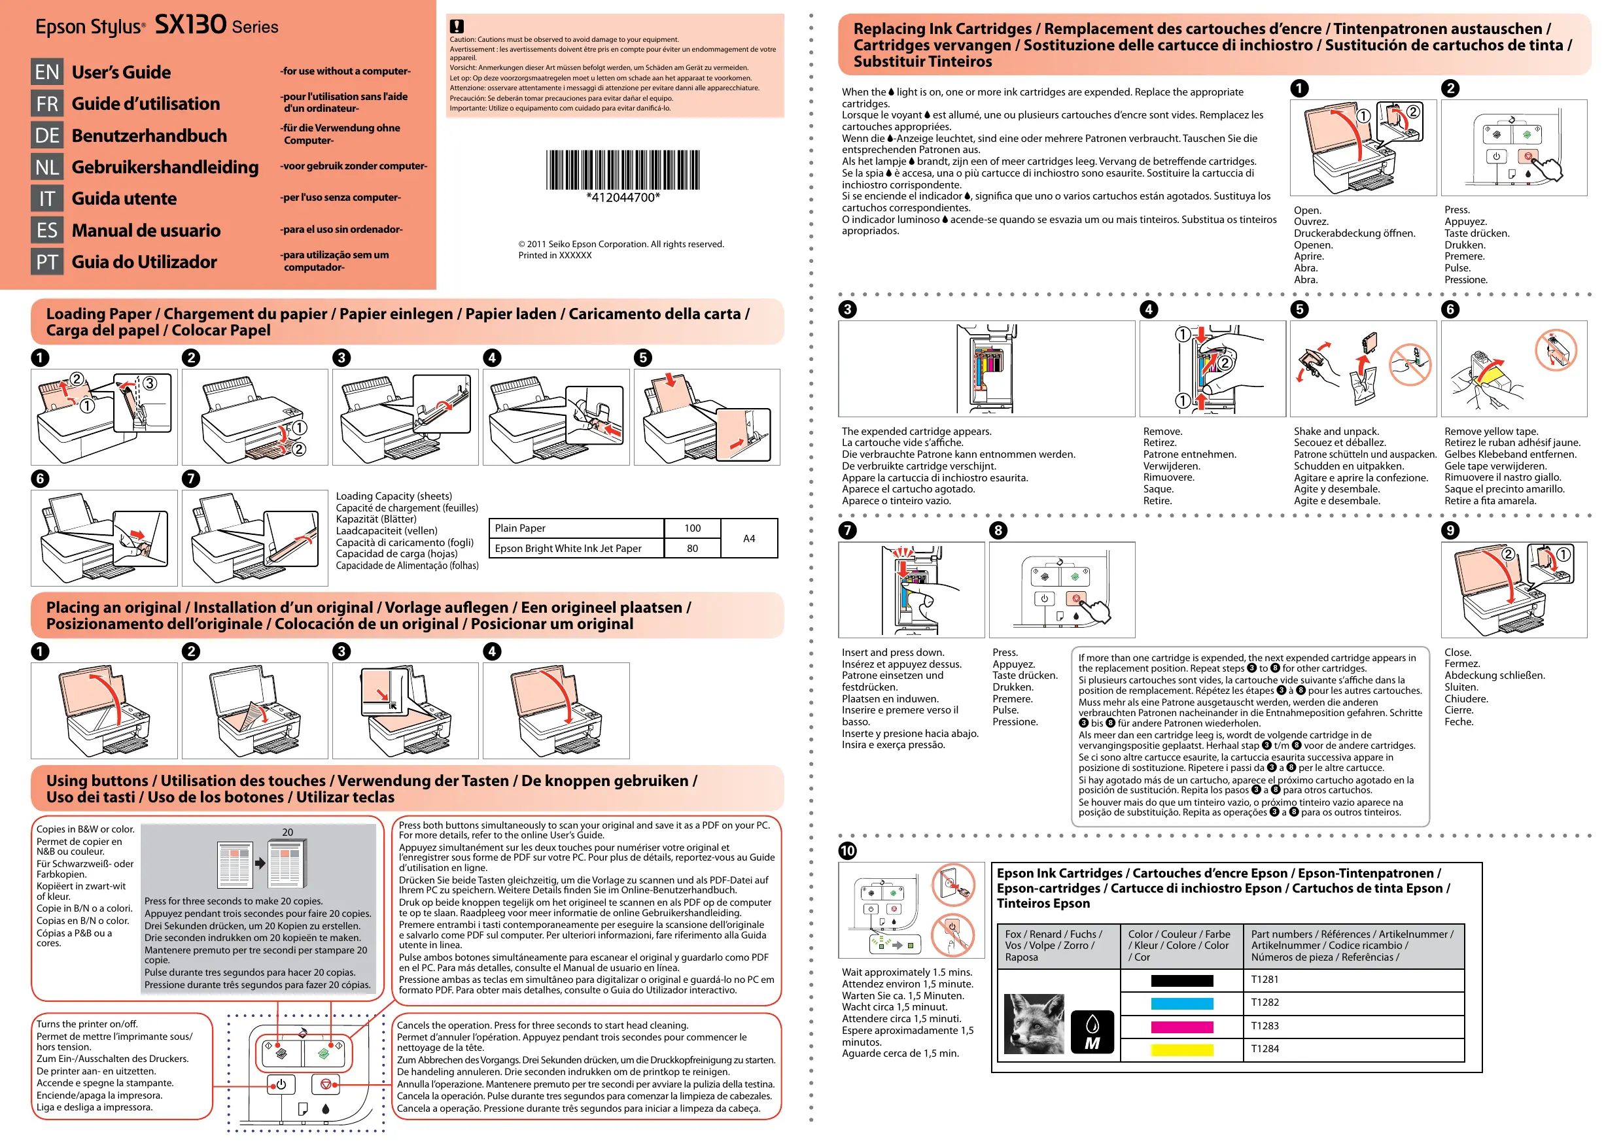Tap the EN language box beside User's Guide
(46, 72)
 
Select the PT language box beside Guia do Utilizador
(46, 262)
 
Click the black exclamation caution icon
(457, 26)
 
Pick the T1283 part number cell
(1265, 1026)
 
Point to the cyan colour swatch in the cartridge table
(1181, 1004)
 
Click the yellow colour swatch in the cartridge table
(1181, 1050)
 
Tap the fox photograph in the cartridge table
(1034, 1024)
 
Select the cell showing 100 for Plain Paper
(692, 528)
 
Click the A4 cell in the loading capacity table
(748, 539)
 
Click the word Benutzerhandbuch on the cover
(149, 135)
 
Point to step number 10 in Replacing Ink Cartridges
(847, 850)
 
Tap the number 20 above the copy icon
(288, 832)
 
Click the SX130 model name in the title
(190, 25)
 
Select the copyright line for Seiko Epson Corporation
(621, 245)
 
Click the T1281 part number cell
(1265, 980)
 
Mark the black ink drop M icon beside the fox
(1092, 1033)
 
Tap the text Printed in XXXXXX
(555, 256)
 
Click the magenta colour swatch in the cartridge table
(1181, 1027)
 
